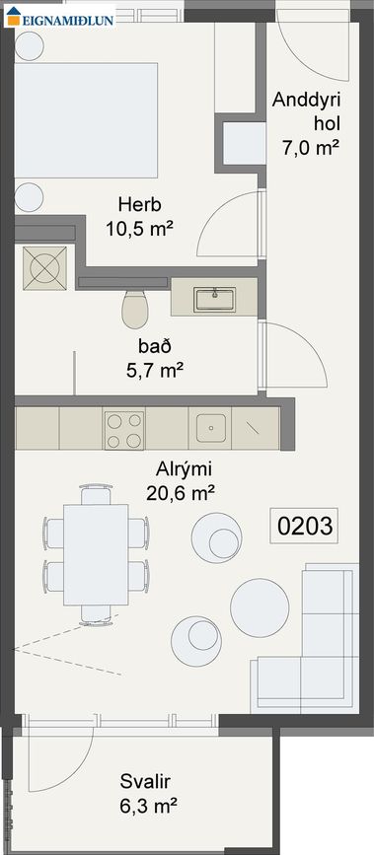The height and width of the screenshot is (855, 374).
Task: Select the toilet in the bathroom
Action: tap(134, 310)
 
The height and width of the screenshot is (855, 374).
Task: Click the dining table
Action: tap(96, 553)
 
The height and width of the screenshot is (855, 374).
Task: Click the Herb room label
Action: tap(139, 206)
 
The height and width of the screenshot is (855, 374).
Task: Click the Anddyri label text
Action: tap(304, 101)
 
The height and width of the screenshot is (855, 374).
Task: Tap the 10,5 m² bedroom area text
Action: tap(139, 229)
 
